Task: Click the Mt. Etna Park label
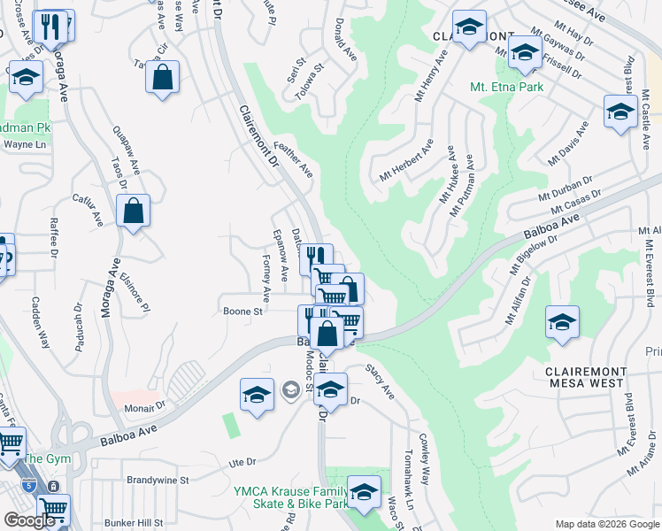point(507,88)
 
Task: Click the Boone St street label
point(242,312)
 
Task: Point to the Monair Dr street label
point(144,406)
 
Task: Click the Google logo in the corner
point(29,519)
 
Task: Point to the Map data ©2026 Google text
point(607,524)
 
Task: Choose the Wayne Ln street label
point(24,144)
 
